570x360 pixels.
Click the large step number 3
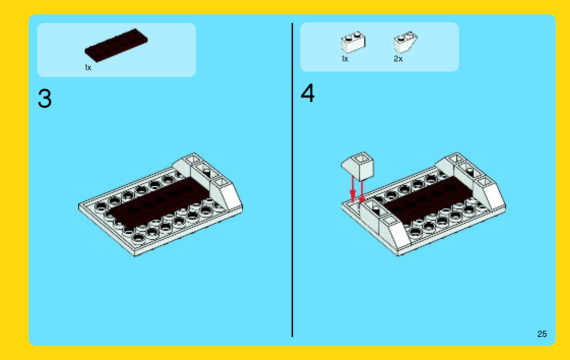(45, 99)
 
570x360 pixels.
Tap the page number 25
(542, 334)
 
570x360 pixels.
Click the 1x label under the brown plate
(88, 68)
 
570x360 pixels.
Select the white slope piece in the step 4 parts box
(405, 42)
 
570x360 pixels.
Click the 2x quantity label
(398, 59)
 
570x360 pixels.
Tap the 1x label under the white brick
(345, 59)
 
